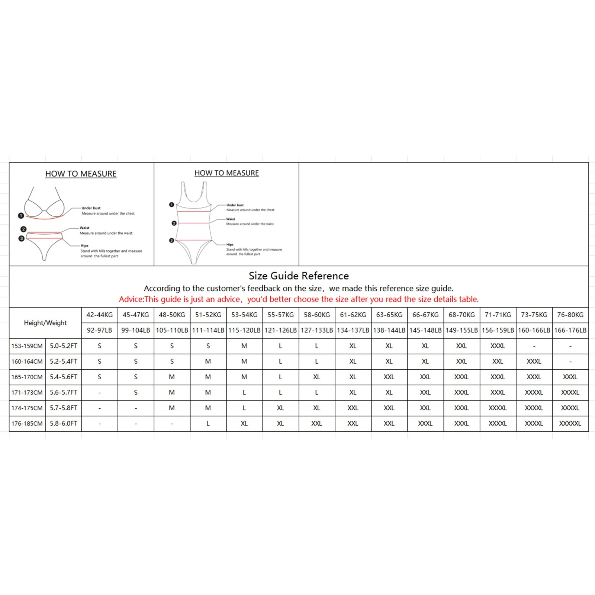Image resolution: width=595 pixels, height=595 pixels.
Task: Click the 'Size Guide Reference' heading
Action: (299, 276)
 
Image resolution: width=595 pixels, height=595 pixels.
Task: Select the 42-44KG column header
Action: (99, 315)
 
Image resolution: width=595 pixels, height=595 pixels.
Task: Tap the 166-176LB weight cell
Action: (570, 330)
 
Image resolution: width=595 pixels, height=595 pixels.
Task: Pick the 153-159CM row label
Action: (27, 346)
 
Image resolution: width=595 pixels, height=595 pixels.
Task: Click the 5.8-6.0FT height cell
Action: (64, 424)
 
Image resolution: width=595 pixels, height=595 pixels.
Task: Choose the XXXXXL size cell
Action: (570, 424)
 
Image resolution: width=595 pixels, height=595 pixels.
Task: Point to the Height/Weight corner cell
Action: (45, 323)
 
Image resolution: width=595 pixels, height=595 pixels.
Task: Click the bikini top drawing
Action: (44, 205)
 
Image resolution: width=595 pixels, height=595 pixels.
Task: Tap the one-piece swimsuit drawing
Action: (193, 223)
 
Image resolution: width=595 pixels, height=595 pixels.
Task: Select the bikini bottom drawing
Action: (44, 244)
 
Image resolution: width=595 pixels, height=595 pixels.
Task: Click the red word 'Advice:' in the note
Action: (131, 299)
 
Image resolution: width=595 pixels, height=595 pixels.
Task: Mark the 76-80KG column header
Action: (570, 315)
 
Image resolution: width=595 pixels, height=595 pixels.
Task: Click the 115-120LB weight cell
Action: (244, 330)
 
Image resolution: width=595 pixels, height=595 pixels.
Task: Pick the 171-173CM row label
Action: (27, 392)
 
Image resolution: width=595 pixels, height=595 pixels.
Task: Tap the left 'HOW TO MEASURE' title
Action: (81, 174)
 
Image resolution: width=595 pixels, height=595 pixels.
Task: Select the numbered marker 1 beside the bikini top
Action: (21, 216)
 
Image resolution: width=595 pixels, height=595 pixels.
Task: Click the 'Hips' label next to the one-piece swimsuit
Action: (230, 245)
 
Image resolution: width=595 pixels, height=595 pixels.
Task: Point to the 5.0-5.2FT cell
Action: (64, 346)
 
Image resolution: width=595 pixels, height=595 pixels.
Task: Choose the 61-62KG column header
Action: (353, 315)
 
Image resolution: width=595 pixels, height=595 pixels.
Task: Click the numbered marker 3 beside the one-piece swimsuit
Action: (171, 241)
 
